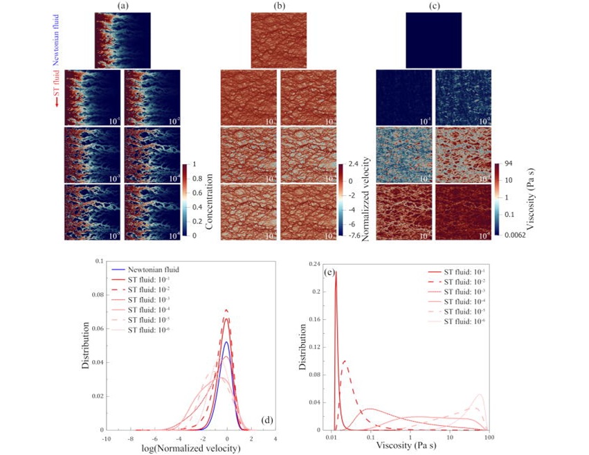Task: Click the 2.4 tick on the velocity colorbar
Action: coord(352,165)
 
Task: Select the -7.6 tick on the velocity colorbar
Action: coord(354,235)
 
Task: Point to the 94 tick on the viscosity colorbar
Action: coord(509,165)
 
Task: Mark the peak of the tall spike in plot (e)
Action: coord(336,272)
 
